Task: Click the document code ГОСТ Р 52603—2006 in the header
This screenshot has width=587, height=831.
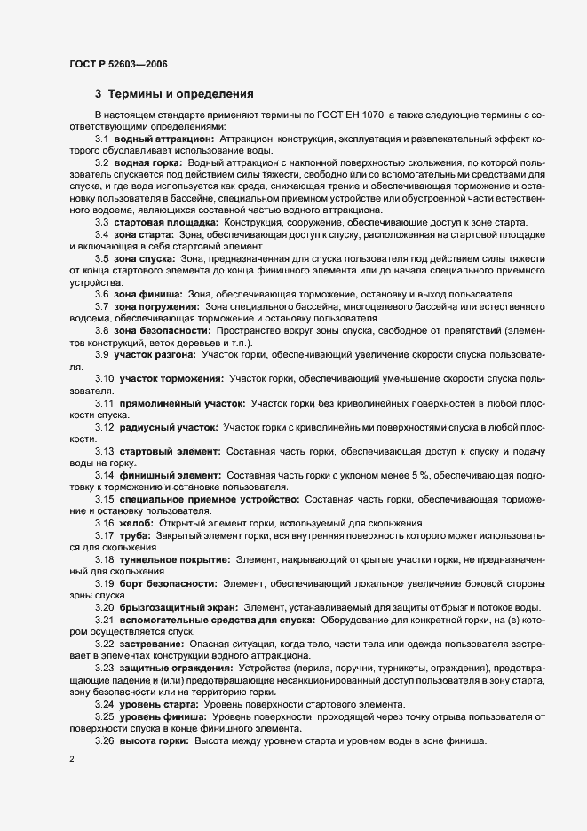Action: coord(117,65)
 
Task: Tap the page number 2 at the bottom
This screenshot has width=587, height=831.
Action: coord(72,760)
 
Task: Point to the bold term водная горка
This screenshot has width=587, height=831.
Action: coord(148,164)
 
